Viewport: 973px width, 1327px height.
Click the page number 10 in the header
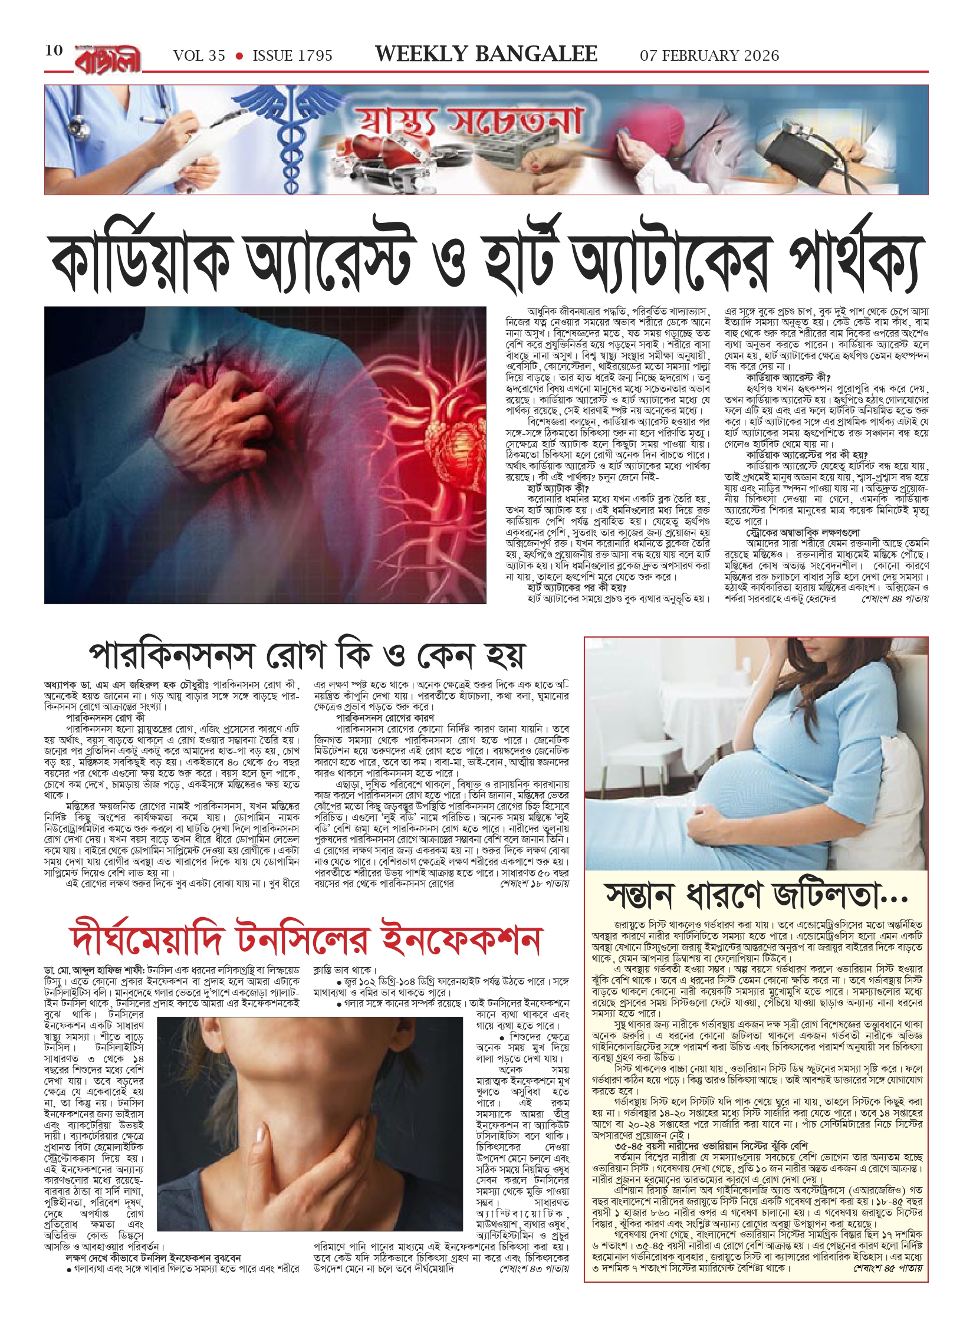pos(54,50)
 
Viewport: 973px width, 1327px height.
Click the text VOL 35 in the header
pos(199,56)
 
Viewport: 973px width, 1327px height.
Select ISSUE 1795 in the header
pos(292,56)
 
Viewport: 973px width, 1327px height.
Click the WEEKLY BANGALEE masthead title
pos(486,54)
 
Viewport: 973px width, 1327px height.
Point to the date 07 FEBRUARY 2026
pos(709,56)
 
